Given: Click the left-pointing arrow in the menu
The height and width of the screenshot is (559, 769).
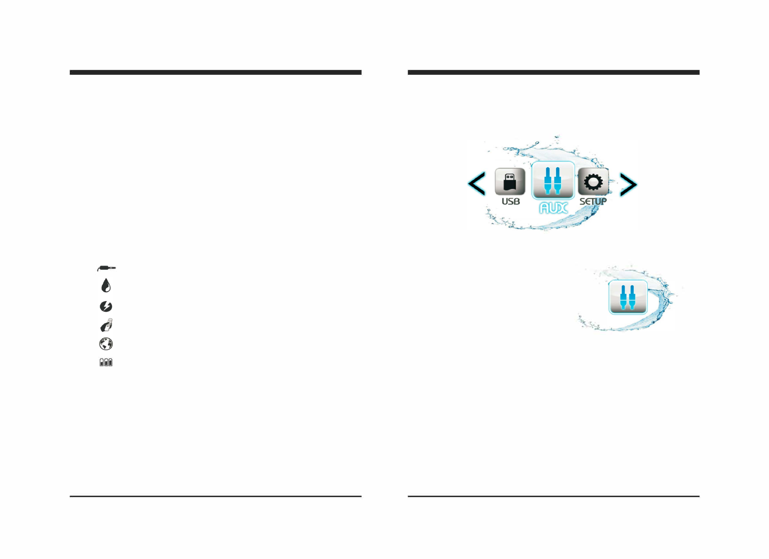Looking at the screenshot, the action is click(477, 184).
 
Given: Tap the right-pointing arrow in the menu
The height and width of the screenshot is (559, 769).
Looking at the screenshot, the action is click(628, 185).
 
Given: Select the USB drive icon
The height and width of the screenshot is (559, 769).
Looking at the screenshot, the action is click(510, 182).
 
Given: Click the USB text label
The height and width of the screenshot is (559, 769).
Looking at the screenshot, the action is click(510, 202).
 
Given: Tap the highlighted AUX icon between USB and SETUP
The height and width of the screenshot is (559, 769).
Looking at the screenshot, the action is click(553, 180).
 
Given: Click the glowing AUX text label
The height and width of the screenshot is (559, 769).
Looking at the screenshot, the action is click(554, 208).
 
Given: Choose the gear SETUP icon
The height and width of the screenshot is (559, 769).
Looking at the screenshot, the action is click(593, 182).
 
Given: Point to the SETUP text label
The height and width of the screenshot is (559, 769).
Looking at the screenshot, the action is click(593, 202).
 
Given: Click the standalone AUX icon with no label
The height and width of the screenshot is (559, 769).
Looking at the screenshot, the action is click(628, 297).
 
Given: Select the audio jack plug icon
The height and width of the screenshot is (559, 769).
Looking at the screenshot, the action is click(106, 268).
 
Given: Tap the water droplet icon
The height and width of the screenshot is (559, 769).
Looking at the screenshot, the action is click(106, 285).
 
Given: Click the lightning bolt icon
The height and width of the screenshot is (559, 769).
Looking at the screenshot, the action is click(106, 306).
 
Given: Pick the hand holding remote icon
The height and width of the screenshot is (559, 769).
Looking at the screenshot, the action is click(106, 325).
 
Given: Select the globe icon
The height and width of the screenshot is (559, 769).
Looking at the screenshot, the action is click(106, 344).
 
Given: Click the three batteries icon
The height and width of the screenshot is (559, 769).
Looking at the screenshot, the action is click(106, 362).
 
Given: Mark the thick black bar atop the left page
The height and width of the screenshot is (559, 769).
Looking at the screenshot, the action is click(215, 72).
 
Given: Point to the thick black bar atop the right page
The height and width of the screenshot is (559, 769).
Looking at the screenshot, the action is click(553, 72).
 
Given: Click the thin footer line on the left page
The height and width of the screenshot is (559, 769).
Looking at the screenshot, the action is click(215, 496).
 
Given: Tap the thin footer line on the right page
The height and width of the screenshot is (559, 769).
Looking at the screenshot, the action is click(553, 496).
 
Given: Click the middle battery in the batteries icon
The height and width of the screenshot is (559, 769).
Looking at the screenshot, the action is click(106, 362).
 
